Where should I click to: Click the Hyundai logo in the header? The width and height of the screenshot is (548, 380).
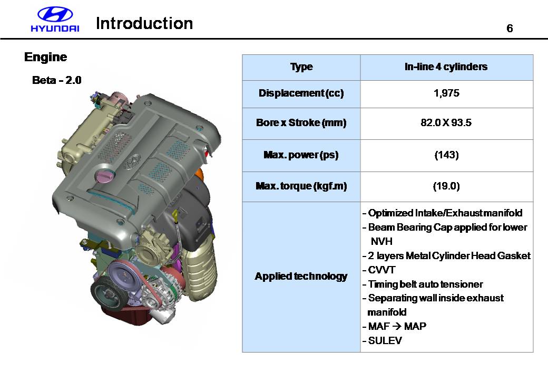pyautogui.click(x=55, y=20)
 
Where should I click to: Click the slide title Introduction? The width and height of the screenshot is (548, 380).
pyautogui.click(x=144, y=23)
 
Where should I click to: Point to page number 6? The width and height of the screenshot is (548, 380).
pyautogui.click(x=510, y=28)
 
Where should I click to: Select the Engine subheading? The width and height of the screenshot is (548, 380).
pyautogui.click(x=45, y=57)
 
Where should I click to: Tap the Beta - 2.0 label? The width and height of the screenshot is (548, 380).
pyautogui.click(x=56, y=80)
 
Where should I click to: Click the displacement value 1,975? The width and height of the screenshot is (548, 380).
pyautogui.click(x=446, y=93)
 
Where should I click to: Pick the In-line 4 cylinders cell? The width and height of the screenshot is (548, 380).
pyautogui.click(x=446, y=66)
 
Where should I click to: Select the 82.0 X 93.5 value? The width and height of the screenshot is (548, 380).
pyautogui.click(x=446, y=122)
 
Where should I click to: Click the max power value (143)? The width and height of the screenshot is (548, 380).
pyautogui.click(x=446, y=155)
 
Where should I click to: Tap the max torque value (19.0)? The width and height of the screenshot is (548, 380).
pyautogui.click(x=446, y=186)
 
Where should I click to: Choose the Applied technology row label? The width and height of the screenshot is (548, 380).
pyautogui.click(x=301, y=277)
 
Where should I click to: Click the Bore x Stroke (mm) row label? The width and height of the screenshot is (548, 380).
pyautogui.click(x=301, y=122)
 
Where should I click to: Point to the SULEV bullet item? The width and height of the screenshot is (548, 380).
pyautogui.click(x=382, y=340)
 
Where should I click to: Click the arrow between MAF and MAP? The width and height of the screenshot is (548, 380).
pyautogui.click(x=397, y=327)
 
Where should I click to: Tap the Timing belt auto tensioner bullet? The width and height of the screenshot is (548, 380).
pyautogui.click(x=423, y=284)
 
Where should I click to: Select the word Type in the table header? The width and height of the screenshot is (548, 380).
pyautogui.click(x=301, y=67)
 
